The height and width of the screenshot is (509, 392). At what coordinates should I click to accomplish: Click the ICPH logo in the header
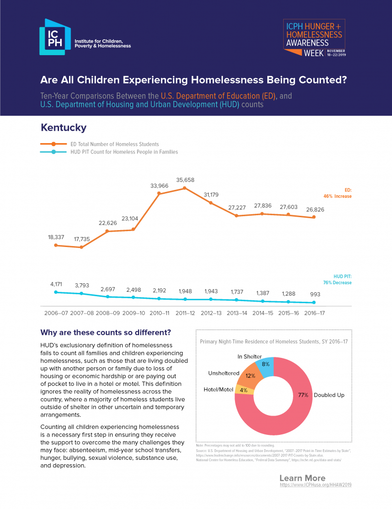84,37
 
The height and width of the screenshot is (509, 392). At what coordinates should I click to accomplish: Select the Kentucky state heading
64,128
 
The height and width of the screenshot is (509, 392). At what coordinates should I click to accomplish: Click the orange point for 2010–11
159,193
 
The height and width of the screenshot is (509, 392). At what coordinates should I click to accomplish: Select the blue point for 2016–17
314,302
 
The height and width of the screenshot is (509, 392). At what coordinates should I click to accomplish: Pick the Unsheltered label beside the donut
224,373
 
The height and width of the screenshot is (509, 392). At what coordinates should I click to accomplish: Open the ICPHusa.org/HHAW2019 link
315,484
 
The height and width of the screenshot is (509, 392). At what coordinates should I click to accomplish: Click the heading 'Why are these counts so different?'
105,332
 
